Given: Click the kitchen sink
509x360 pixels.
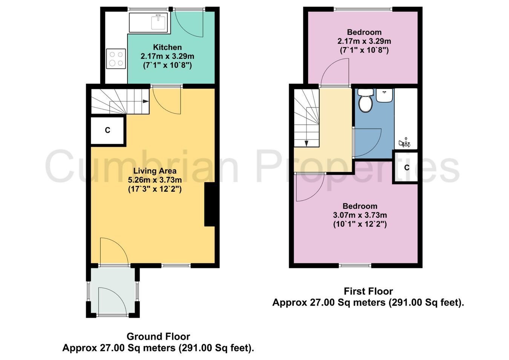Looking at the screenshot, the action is [158, 22].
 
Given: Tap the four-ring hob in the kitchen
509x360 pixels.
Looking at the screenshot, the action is [116, 58].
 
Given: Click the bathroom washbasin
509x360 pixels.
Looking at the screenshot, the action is [385, 95].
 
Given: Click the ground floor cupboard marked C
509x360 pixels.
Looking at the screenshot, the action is [107, 130].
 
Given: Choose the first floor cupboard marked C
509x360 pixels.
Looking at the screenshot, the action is [406, 168].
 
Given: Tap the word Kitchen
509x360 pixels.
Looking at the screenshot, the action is [167, 47].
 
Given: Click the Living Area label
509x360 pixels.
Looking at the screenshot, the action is [155, 171].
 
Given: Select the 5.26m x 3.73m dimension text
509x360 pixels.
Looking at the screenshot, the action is [155, 180].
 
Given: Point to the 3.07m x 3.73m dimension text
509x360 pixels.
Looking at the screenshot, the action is [360, 215].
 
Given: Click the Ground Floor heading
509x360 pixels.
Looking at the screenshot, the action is [158, 336].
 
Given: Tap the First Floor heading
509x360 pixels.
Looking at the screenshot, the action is [368, 291].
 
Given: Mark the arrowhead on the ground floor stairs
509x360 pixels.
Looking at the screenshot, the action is [146, 102].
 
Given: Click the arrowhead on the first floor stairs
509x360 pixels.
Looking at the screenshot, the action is [306, 143].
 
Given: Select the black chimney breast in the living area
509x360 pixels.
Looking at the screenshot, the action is [210, 204].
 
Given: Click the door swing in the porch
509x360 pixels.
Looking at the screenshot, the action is [112, 300].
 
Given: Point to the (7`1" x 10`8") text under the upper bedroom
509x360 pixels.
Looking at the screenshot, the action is [364, 50].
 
